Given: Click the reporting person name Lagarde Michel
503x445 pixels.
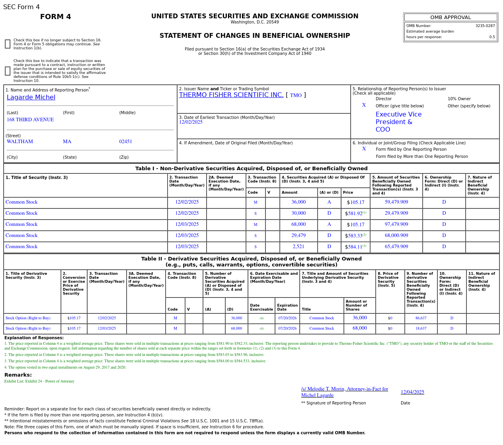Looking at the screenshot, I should tap(31, 97).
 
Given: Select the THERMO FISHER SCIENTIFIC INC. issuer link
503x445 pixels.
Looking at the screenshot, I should tap(231, 95).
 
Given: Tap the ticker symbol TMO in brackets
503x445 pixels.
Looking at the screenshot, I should tap(296, 95).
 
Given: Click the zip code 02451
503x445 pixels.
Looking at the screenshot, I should tap(125, 142).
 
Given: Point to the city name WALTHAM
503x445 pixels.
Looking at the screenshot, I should tap(20, 142).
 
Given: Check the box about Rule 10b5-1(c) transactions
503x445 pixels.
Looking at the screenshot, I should tap(8, 71).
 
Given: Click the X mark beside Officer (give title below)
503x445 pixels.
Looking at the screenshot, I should tap(364, 105).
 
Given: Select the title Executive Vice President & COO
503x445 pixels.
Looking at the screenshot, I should tap(398, 122).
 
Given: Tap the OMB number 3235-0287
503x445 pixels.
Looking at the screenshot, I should tap(485, 26).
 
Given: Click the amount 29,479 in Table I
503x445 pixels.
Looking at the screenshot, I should tap(298, 236).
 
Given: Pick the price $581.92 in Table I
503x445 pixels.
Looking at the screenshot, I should tap(355, 214).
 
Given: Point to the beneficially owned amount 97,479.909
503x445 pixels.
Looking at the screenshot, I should tap(396, 225).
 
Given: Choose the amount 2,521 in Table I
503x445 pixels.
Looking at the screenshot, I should tap(298, 247).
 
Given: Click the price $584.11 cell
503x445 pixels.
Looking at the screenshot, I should tap(355, 247).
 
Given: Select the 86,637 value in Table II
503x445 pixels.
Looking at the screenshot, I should tap(421, 318).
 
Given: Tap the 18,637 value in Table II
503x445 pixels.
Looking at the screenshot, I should tap(421, 328).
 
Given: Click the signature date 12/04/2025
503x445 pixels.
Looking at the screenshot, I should tap(412, 392).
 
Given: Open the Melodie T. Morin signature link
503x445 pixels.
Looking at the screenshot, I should tap(344, 392).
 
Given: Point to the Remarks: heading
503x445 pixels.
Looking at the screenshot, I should tap(18, 375).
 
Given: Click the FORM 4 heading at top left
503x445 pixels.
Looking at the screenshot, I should tap(56, 17).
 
